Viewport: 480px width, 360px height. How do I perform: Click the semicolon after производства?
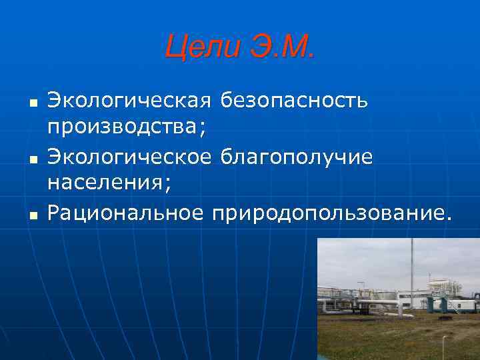tap(201, 129)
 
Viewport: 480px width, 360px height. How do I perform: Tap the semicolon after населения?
tap(167, 183)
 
